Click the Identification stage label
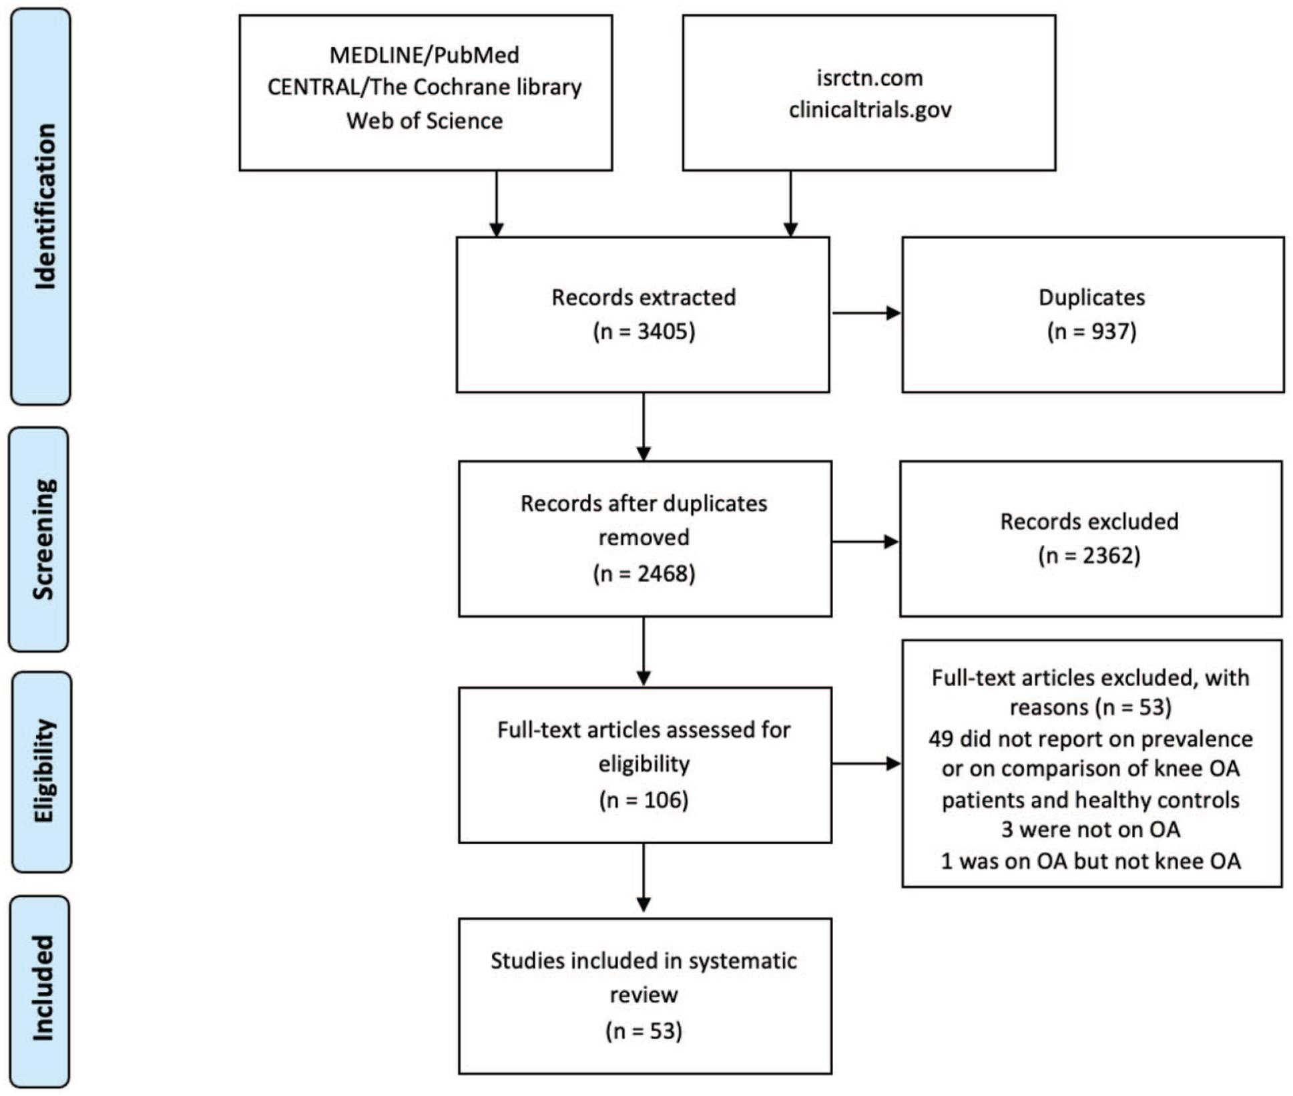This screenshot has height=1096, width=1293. (45, 206)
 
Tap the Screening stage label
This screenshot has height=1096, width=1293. (44, 540)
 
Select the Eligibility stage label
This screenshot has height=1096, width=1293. (44, 771)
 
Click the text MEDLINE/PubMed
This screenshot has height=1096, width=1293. (425, 55)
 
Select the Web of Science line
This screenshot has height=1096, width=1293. (425, 121)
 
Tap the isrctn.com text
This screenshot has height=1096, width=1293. (870, 77)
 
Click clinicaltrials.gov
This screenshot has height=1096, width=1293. (870, 110)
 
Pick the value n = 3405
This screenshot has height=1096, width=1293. (644, 331)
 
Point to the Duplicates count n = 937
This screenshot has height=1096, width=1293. (1092, 331)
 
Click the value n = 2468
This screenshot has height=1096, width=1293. (644, 573)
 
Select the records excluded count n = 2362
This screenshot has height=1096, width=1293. (1089, 555)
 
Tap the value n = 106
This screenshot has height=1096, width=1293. (644, 799)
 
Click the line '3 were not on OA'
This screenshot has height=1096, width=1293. (1091, 830)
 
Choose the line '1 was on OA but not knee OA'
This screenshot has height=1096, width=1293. (1091, 861)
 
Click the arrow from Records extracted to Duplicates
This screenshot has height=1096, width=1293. (866, 313)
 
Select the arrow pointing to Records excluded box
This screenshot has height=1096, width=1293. (866, 542)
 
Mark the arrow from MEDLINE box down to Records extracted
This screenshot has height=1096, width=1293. (496, 204)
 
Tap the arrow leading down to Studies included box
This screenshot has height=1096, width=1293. (643, 878)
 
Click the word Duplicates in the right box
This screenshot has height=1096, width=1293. (1092, 297)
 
